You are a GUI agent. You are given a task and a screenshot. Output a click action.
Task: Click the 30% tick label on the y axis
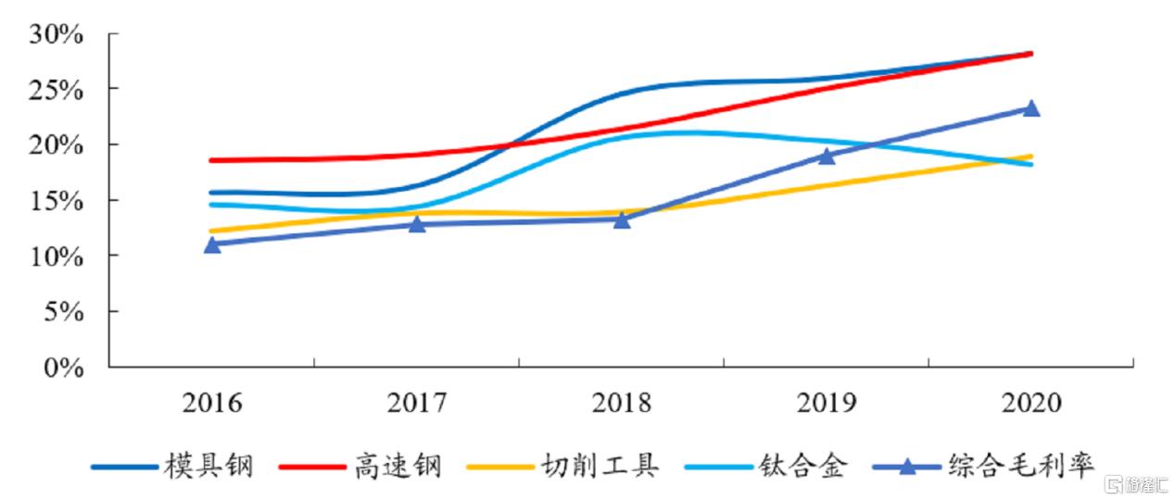click(57, 35)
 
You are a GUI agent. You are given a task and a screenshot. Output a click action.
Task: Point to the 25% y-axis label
click(57, 91)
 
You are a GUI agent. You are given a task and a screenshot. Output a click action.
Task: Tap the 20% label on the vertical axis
click(57, 146)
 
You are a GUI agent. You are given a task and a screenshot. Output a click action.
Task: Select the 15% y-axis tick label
click(57, 201)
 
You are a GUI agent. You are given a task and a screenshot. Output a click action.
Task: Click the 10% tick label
click(57, 256)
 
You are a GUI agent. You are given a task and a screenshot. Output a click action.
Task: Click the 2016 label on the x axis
click(212, 404)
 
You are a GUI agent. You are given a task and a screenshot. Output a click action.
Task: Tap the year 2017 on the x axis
click(417, 404)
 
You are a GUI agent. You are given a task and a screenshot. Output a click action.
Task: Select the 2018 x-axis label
click(622, 404)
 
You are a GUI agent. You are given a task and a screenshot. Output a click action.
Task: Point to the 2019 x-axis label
click(827, 404)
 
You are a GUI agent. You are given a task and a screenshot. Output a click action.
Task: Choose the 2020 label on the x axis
click(1030, 404)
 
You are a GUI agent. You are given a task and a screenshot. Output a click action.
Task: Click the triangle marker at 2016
click(212, 244)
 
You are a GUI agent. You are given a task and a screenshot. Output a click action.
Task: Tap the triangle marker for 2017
click(417, 224)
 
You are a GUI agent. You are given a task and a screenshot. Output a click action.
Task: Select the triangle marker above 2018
click(622, 219)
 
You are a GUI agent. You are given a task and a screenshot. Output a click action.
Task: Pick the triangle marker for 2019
click(827, 156)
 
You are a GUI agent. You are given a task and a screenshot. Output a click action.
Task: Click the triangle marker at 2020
click(1030, 108)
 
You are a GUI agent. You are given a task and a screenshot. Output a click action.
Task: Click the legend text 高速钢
click(397, 466)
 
